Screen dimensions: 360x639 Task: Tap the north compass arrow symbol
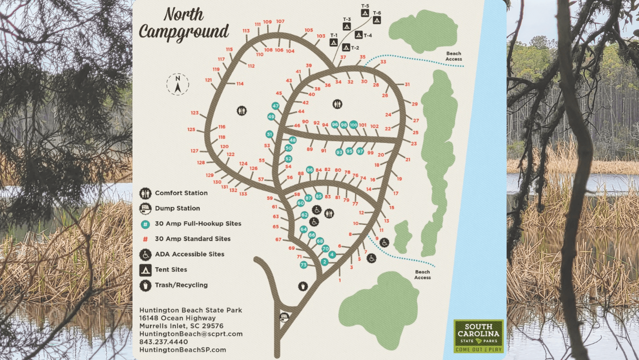tap(178, 84)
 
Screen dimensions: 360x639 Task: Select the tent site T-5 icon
tap(365, 13)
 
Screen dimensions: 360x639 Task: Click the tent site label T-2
tap(355, 48)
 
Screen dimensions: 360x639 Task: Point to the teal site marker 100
tap(353, 125)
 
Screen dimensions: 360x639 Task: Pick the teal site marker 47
tap(275, 106)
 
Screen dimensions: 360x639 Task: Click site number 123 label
tap(195, 113)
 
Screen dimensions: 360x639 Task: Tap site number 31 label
tap(407, 85)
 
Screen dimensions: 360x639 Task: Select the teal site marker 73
tap(304, 265)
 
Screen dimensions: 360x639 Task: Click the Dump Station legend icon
tap(145, 208)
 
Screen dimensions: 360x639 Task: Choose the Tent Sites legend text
tap(171, 270)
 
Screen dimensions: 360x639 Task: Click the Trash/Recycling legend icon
tap(145, 285)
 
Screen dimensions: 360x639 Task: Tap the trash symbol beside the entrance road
tap(303, 286)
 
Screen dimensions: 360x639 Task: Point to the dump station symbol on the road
tap(284, 317)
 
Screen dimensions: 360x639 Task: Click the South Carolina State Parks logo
tap(478, 336)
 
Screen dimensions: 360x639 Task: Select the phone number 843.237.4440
tap(164, 342)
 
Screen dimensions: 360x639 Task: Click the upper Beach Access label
tap(454, 56)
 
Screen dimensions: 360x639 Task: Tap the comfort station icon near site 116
tap(242, 111)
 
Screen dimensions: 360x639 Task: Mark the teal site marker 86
tap(310, 170)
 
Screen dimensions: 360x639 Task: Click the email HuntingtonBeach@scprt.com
tap(191, 334)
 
